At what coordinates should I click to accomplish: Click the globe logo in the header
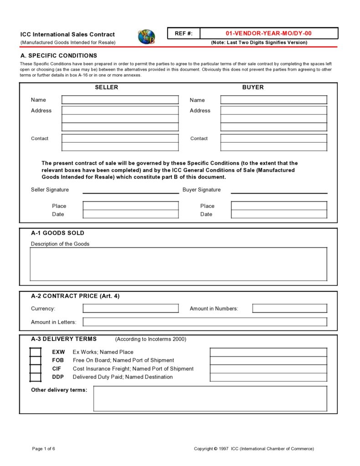click(146, 36)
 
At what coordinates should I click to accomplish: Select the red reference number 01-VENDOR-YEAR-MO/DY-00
click(269, 33)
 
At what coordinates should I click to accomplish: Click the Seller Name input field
click(120, 100)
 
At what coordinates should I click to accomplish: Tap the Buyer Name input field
click(273, 100)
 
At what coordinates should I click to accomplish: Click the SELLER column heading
click(106, 87)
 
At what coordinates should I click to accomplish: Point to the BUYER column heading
click(253, 87)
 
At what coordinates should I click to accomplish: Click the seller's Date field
click(130, 214)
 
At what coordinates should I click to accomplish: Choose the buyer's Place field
click(279, 206)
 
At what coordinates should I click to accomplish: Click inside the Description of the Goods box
click(178, 264)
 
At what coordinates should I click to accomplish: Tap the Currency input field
click(130, 309)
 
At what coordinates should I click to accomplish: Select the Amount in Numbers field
click(289, 309)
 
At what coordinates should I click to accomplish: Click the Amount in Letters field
click(205, 322)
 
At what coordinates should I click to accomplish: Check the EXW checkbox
click(36, 352)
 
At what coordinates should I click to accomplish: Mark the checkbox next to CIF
click(36, 369)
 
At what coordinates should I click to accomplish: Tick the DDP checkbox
click(36, 377)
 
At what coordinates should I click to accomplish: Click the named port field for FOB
click(268, 361)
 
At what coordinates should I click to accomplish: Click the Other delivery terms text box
click(210, 399)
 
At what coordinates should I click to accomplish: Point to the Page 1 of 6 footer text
click(44, 449)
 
